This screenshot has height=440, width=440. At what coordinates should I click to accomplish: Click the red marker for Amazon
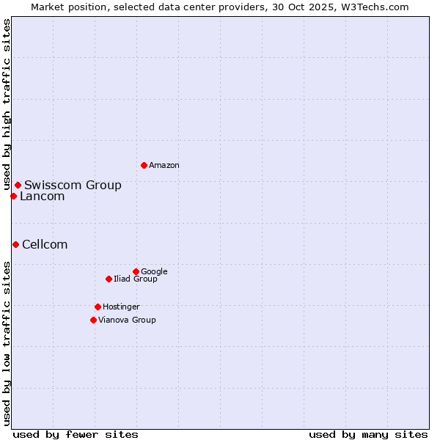point(144,165)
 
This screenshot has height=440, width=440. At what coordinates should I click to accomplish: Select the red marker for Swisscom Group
point(18,185)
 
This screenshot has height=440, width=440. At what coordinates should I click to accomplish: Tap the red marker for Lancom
point(13,196)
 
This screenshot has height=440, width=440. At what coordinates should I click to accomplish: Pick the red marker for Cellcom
point(15,244)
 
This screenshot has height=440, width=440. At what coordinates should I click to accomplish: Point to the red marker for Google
point(136,271)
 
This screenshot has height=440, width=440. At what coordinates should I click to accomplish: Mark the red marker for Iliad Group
point(109,279)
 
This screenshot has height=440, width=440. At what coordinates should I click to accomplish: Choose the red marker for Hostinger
point(98,307)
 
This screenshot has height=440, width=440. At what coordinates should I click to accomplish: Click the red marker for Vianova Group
point(93,320)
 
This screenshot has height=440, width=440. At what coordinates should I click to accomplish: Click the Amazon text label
point(164,166)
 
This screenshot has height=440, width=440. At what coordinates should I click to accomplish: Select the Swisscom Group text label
point(73,185)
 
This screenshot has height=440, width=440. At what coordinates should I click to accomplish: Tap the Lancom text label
point(42,196)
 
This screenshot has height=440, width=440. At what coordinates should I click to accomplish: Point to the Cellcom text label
point(45,244)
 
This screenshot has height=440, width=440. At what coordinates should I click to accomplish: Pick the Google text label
point(154,271)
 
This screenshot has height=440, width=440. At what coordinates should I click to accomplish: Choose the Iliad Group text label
point(136,279)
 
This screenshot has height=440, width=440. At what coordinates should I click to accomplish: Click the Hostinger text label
point(121,307)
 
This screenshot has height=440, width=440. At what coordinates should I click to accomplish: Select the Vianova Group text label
point(127,320)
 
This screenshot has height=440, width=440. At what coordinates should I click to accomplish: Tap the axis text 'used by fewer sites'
point(76,434)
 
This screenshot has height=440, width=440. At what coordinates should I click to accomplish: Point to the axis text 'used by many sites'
point(368,434)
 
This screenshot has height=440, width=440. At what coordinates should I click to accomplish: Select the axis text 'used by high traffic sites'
point(7,105)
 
